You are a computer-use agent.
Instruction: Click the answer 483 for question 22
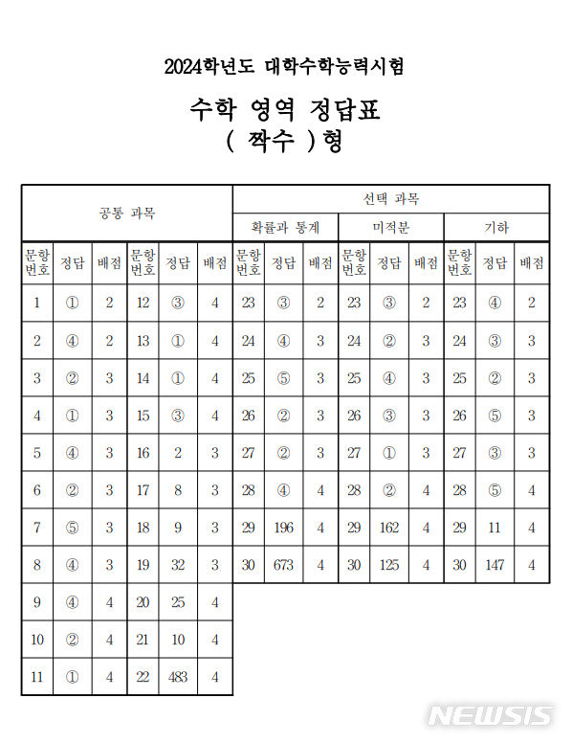pos(177,677)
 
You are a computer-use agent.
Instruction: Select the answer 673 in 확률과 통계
pos(282,565)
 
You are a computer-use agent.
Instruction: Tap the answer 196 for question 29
pos(282,528)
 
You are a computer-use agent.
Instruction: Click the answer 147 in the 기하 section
pos(494,565)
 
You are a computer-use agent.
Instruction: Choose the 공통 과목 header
pos(126,213)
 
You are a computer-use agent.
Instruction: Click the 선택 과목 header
pos(390,199)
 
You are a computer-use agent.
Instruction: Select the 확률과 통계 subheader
pos(284,228)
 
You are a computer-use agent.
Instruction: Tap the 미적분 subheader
pos(389,228)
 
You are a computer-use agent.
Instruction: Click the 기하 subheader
pos(495,228)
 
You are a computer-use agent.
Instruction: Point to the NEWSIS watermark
pos(489,715)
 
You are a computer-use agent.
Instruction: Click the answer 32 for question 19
pos(177,565)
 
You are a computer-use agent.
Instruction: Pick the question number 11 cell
pos(36,677)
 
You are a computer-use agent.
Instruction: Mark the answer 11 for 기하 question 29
pos(494,528)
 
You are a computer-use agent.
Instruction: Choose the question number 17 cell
pos(143,490)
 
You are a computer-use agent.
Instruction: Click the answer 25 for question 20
pos(177,602)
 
